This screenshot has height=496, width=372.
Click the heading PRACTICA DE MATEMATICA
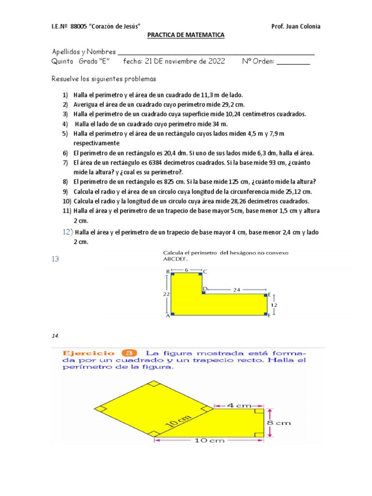coord(186,35)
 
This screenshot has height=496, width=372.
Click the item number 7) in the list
coord(65,162)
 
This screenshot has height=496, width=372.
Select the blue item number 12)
coord(67,232)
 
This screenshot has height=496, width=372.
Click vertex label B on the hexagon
coord(168,272)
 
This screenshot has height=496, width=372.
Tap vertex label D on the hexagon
coord(204,289)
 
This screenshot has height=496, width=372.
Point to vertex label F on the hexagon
coord(269,315)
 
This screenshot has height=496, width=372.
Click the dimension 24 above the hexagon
coord(237,290)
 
